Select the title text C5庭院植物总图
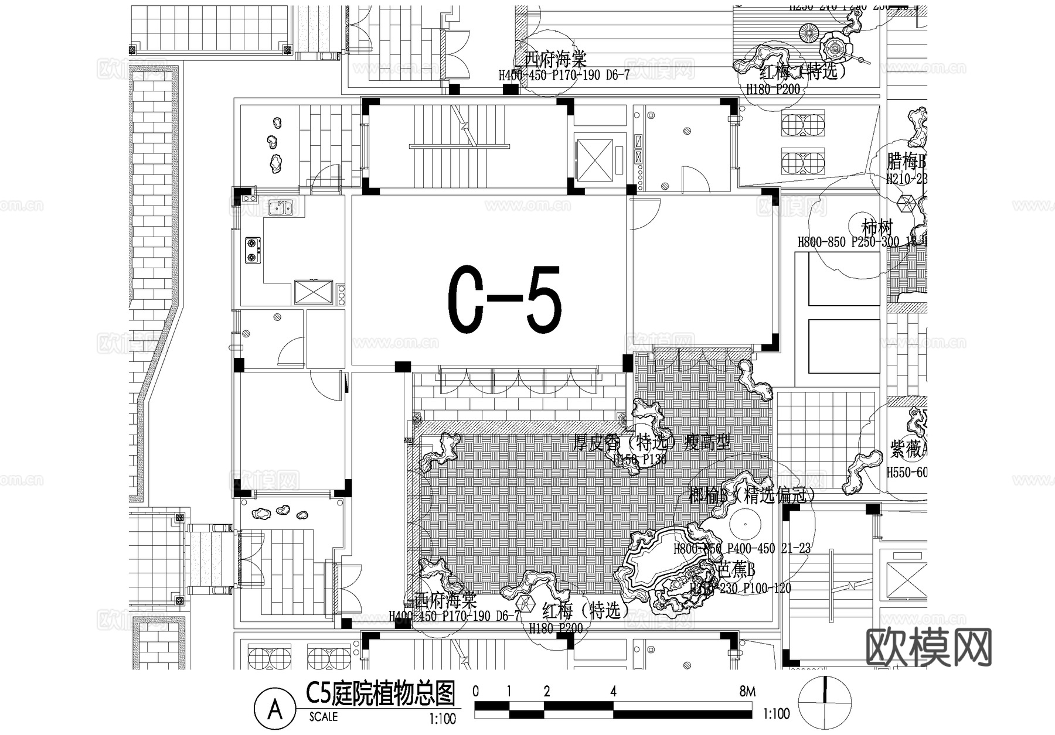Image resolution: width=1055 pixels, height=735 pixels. [x=380, y=695]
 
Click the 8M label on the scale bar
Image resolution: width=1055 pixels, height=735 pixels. [x=747, y=692]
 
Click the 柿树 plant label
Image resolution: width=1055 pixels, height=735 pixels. [x=877, y=227]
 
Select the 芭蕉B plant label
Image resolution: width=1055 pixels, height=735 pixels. [x=737, y=569]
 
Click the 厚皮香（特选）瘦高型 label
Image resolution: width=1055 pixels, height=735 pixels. [x=652, y=442]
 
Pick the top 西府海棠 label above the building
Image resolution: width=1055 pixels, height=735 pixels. [x=554, y=59]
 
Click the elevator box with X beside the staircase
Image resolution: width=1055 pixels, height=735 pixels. [x=594, y=158]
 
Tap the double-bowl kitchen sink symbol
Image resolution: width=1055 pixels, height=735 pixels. [x=281, y=208]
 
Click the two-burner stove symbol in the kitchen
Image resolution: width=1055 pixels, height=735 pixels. [x=253, y=249]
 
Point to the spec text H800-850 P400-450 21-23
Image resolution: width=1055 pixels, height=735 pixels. [x=742, y=549]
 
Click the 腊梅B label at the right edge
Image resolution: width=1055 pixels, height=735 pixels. [x=906, y=162]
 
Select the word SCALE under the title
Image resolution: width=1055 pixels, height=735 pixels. [x=324, y=716]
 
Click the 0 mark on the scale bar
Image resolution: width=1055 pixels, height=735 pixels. [x=475, y=692]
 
